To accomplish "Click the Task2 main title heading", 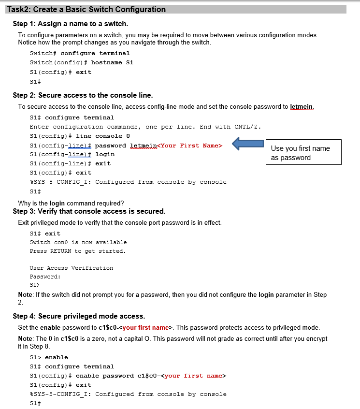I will point(86,9).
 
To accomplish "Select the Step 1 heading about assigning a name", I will point(70,24).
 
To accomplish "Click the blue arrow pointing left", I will point(247,144).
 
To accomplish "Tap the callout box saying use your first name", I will point(303,153).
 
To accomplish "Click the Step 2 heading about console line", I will point(83,95).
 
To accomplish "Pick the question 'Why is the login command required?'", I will point(71,203).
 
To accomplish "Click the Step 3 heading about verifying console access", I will point(89,211).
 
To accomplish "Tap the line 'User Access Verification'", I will point(72,268).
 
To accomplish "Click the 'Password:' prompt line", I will point(45,277).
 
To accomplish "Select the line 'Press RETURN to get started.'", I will point(77,251).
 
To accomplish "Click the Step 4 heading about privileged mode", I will point(79,316).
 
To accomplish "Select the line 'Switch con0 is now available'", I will point(78,242).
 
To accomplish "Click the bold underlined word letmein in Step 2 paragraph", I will point(302,106).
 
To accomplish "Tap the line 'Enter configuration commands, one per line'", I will point(145,127).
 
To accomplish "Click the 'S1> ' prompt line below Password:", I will point(35,285).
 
